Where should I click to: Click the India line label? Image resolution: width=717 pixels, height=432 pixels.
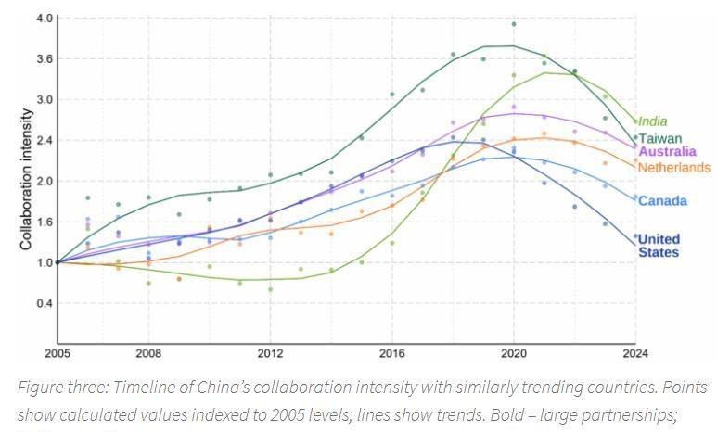[x=652, y=121]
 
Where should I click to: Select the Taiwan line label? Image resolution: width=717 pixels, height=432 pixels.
[x=659, y=138]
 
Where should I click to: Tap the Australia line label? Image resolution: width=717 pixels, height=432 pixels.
[x=668, y=151]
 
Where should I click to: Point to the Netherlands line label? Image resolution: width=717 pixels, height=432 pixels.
[x=674, y=168]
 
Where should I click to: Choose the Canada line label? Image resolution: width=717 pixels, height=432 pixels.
[x=662, y=201]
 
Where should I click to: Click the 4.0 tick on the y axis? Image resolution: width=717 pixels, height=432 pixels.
[x=44, y=19]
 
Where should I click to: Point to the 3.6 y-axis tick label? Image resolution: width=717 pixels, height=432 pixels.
[x=44, y=59]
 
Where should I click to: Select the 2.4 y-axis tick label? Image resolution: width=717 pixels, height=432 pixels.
[x=44, y=141]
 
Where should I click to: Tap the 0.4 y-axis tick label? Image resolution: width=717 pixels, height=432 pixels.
[x=44, y=303]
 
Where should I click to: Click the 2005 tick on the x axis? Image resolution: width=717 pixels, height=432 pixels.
[x=57, y=353]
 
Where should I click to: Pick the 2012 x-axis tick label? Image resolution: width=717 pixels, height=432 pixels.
[x=270, y=353]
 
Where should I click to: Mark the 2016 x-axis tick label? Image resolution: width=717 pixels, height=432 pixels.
[x=392, y=353]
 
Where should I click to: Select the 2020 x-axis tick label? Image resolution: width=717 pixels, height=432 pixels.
[x=514, y=353]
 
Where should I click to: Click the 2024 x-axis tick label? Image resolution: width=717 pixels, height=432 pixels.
[x=635, y=353]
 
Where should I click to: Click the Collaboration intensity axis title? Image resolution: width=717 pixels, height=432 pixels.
[x=27, y=180]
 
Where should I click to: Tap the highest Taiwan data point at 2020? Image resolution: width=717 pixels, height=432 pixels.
[x=514, y=24]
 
